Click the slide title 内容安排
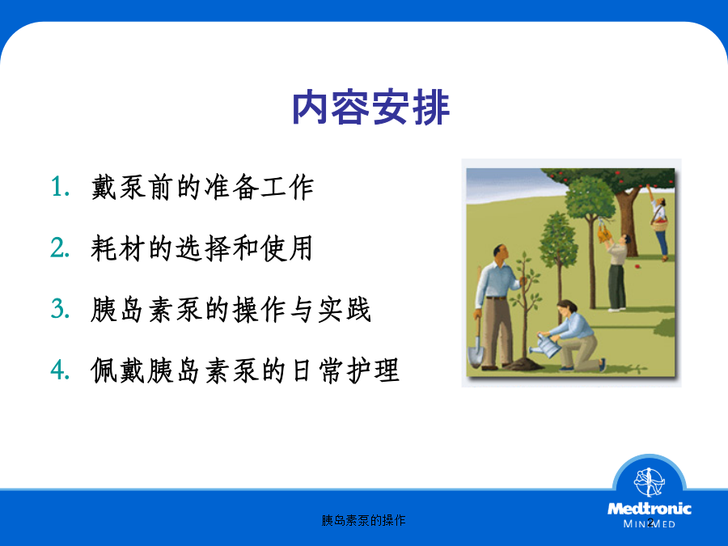(370, 108)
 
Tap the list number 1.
(61, 187)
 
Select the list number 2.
(61, 248)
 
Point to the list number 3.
(61, 309)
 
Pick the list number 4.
(61, 370)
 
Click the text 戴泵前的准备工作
(202, 187)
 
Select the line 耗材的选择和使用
(202, 248)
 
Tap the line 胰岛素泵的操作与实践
(231, 309)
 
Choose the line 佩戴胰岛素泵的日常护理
(245, 370)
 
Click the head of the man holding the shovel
(501, 253)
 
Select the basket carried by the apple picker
(659, 226)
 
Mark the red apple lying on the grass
(637, 266)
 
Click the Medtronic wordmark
(649, 509)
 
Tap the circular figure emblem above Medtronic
(650, 482)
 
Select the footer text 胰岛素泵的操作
(363, 520)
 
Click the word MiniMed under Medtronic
(649, 523)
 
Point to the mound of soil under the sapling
(523, 364)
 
